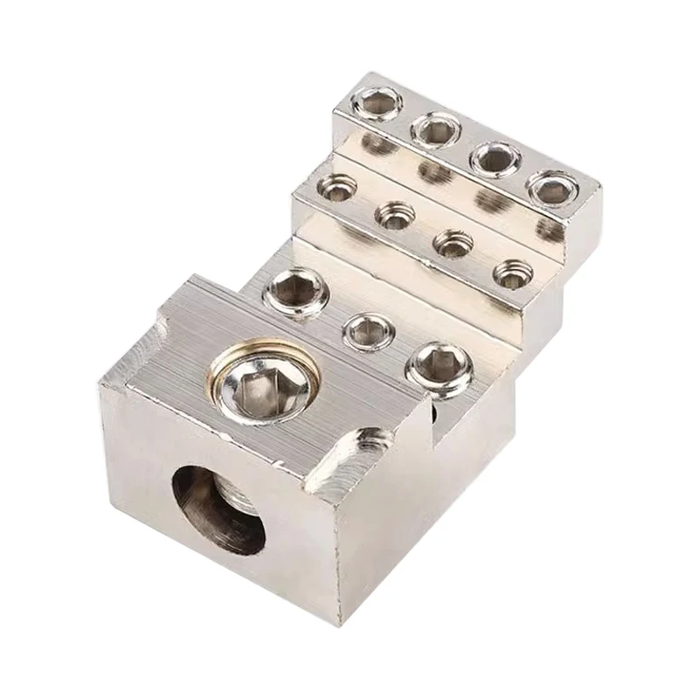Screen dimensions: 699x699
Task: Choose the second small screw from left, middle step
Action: click(x=396, y=212)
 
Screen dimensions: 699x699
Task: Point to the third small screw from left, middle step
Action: click(x=453, y=243)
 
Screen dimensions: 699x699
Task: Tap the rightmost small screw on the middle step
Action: click(x=510, y=273)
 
